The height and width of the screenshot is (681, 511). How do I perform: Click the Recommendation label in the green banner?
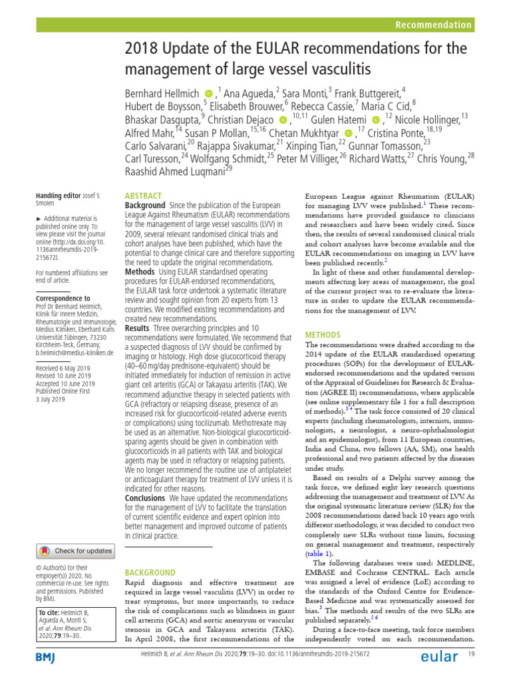click(433, 25)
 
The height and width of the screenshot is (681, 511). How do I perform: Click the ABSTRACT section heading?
click(143, 196)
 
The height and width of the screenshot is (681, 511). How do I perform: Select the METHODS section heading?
click(323, 335)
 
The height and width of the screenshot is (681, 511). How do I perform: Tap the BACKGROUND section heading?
click(150, 572)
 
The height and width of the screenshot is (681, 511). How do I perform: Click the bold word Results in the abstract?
click(138, 328)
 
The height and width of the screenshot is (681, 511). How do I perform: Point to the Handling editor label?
click(58, 195)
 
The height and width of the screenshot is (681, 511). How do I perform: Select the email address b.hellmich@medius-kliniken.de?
click(75, 352)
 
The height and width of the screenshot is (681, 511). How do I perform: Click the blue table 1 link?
click(316, 553)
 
